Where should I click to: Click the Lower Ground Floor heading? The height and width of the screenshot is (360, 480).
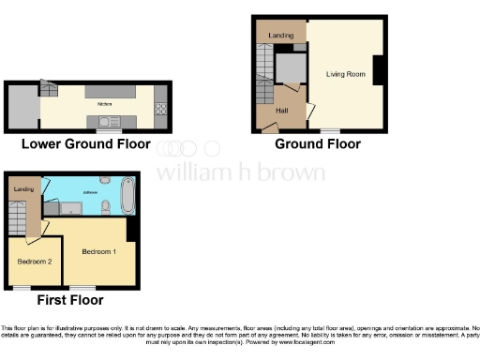[x=86, y=144]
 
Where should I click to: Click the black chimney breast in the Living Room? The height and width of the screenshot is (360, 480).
[x=379, y=70]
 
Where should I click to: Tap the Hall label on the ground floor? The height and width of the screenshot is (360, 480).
[x=281, y=111]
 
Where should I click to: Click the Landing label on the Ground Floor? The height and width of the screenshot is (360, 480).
[x=279, y=36]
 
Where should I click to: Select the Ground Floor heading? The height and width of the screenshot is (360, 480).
[x=317, y=144]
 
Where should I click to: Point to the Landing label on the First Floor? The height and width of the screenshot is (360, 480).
[x=23, y=189]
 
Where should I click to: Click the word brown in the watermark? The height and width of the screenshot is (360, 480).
[x=294, y=172]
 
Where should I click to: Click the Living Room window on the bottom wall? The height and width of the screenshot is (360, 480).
[x=330, y=130]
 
